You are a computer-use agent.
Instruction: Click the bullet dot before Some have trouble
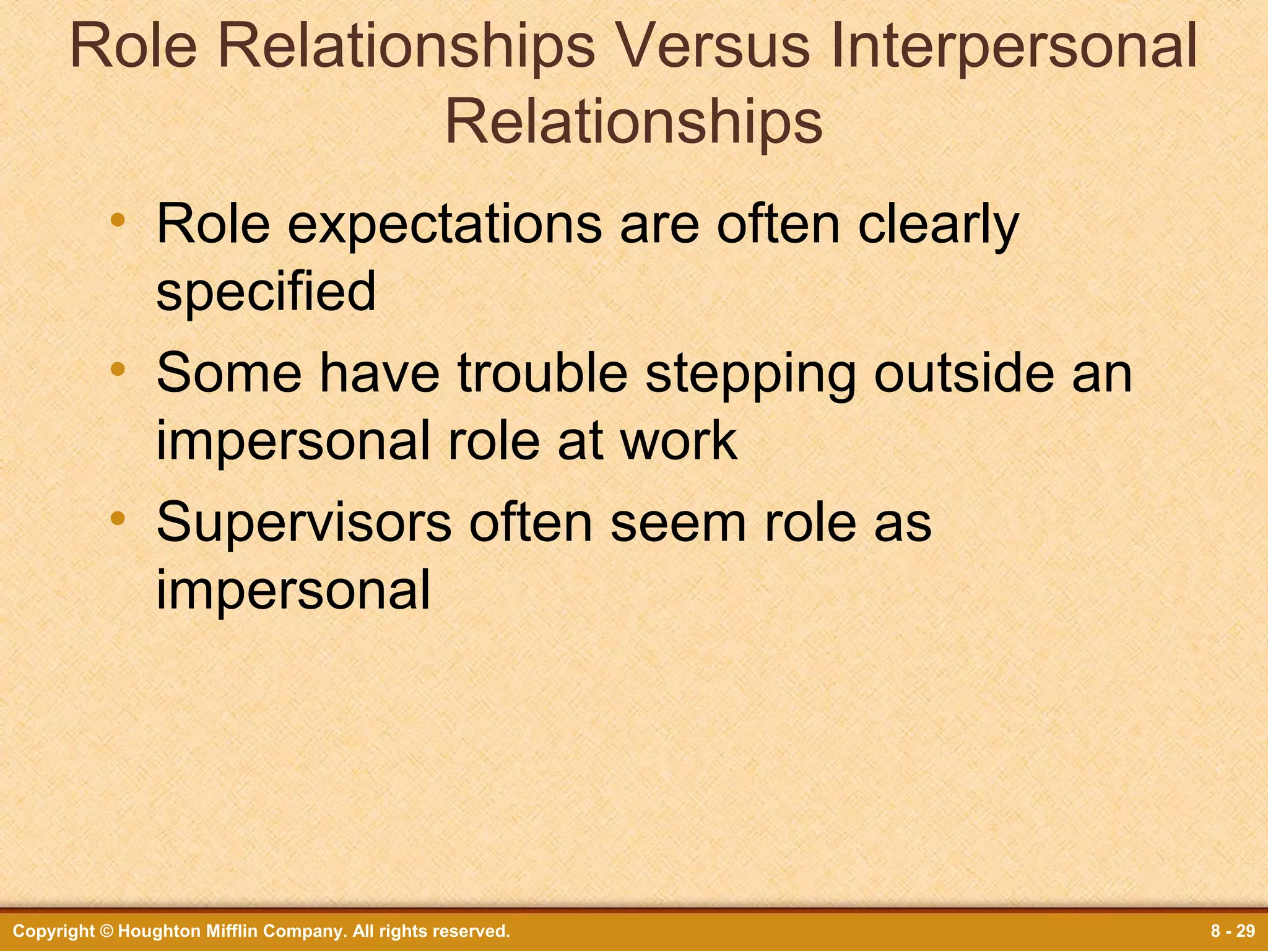(x=118, y=369)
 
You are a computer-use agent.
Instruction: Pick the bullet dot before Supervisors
(x=118, y=518)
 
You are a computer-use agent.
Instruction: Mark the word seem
(x=679, y=524)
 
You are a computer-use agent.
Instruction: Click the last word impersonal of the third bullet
(x=293, y=591)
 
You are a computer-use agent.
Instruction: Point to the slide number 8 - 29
(x=1233, y=931)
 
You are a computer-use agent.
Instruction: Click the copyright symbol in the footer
(x=106, y=931)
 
